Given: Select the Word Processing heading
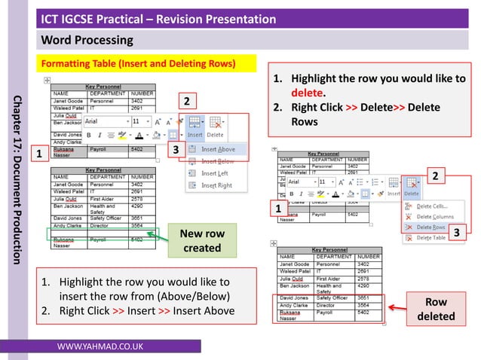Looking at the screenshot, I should (x=87, y=39).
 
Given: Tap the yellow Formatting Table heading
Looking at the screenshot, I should (x=138, y=62).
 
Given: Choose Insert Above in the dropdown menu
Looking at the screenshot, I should (x=218, y=149).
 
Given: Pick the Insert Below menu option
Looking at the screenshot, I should (x=218, y=161).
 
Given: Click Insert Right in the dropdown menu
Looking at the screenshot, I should (x=217, y=185).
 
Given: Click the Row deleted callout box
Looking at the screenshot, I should (x=436, y=308).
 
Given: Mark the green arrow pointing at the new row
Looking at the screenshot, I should (x=158, y=236).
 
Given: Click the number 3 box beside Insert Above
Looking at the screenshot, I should (x=175, y=150).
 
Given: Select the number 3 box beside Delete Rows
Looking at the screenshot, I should (x=456, y=233).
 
